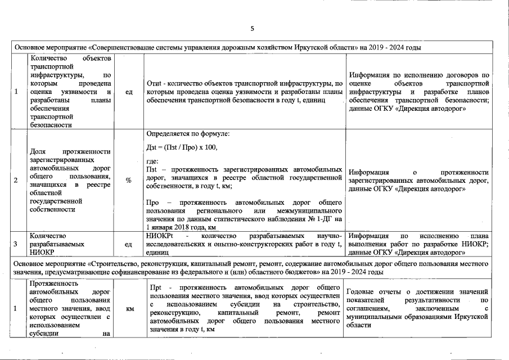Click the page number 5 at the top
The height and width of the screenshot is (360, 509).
click(253, 28)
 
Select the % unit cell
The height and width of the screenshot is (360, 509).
click(128, 180)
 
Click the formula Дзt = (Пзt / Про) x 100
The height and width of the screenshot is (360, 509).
click(181, 147)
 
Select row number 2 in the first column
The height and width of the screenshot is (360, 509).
click(16, 180)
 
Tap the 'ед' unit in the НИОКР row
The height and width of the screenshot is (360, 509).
click(129, 245)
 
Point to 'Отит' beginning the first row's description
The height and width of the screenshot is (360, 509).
click(154, 83)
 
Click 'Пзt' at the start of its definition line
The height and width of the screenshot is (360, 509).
click(151, 169)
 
